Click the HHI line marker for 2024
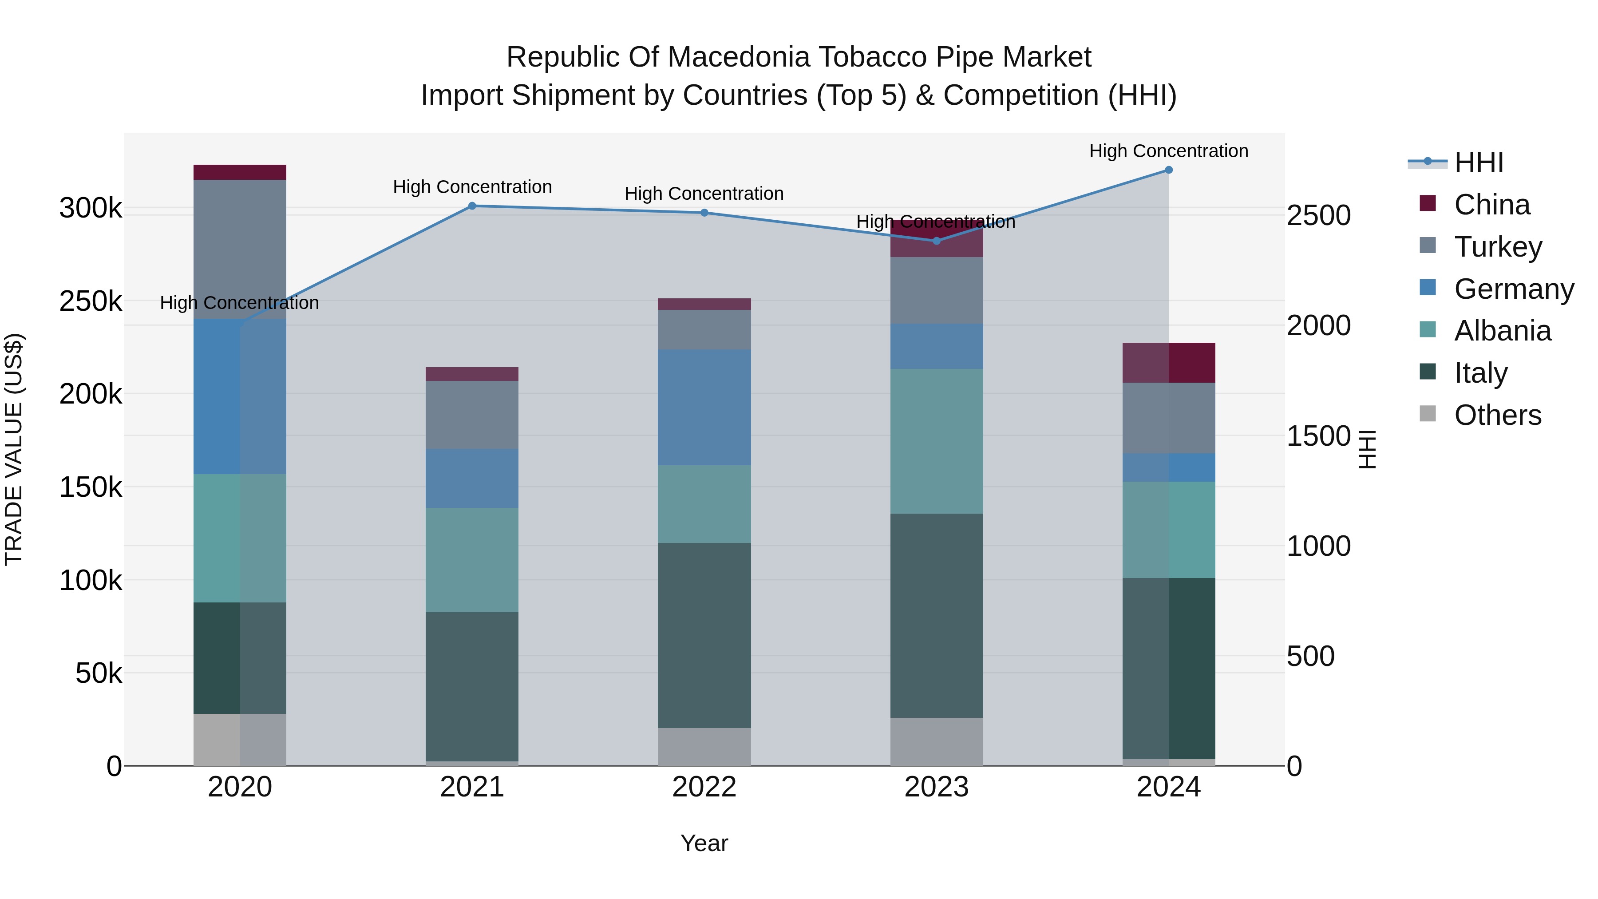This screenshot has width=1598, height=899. click(1169, 170)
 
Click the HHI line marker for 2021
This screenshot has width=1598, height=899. click(472, 206)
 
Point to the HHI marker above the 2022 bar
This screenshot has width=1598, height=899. click(704, 213)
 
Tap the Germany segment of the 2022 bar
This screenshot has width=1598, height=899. click(704, 407)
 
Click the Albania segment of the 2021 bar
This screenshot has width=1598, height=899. click(472, 560)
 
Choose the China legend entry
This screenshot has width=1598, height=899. click(1491, 205)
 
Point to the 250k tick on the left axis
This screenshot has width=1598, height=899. click(91, 301)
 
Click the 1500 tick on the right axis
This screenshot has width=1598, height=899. click(1318, 436)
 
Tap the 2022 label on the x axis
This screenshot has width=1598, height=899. click(704, 787)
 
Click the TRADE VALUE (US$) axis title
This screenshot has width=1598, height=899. click(14, 449)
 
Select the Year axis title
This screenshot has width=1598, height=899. click(704, 843)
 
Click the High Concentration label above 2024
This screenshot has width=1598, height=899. click(1169, 151)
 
